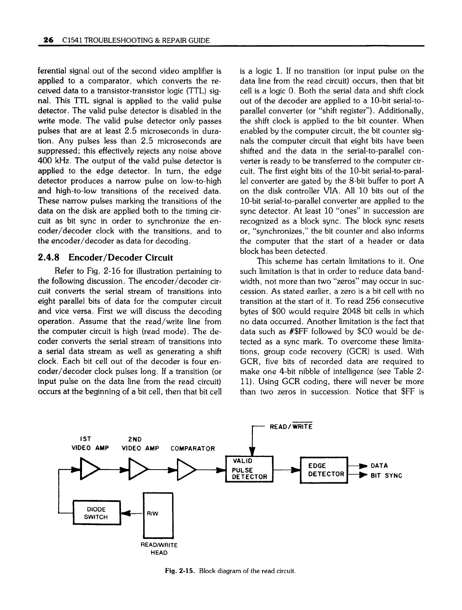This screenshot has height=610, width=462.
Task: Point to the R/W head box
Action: [159, 515]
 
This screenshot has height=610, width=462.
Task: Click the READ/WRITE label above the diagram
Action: [291, 426]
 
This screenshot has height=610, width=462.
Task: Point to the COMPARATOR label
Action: [192, 448]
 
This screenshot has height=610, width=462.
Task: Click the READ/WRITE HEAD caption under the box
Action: [158, 549]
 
